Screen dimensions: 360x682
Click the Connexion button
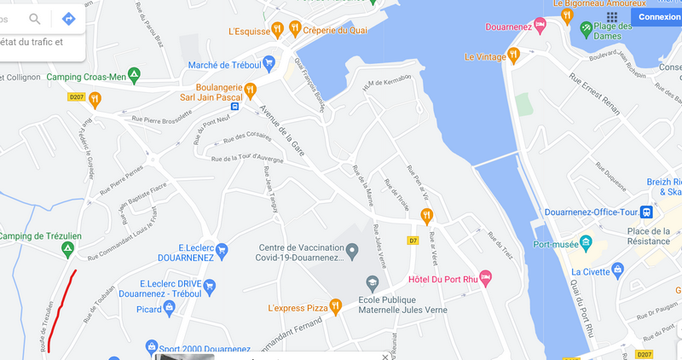[x=659, y=16]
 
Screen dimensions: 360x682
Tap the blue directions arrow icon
[x=68, y=19]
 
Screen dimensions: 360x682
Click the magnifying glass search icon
[x=36, y=19]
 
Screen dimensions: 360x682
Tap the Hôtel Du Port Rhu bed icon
[x=485, y=277]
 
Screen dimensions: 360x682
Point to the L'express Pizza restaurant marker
[x=336, y=305]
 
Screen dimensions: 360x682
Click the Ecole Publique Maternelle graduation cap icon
[x=371, y=282]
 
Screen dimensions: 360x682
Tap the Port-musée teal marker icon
[x=585, y=241]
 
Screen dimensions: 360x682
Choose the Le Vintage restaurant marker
[x=513, y=56]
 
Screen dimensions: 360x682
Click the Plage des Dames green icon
[x=585, y=29]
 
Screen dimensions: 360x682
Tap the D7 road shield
[x=413, y=241]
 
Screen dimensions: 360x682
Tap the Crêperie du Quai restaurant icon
[x=295, y=28]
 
